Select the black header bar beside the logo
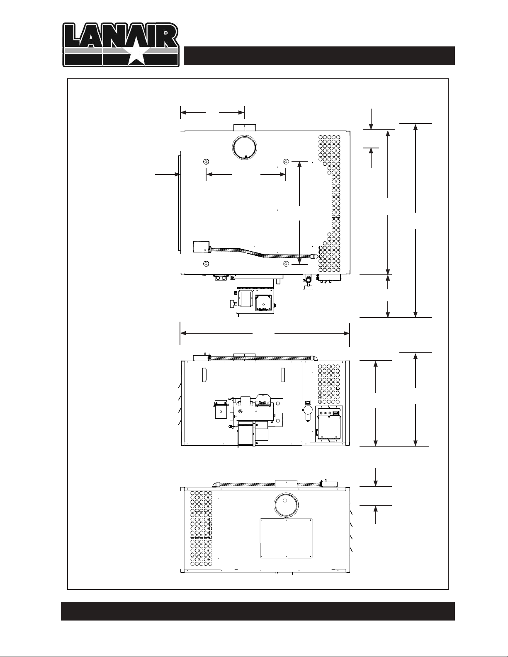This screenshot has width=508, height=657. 319,56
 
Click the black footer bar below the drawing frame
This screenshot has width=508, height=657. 258,611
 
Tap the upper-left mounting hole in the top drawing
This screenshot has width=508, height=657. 206,162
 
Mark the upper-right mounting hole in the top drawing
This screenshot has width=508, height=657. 285,162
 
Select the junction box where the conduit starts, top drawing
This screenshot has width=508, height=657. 202,246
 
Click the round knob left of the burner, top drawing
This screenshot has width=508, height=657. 232,303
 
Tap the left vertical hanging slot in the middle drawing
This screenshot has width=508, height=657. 204,375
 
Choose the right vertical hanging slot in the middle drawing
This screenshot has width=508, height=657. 283,375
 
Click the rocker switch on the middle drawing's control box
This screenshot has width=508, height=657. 336,412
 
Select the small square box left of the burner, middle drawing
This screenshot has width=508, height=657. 221,412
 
